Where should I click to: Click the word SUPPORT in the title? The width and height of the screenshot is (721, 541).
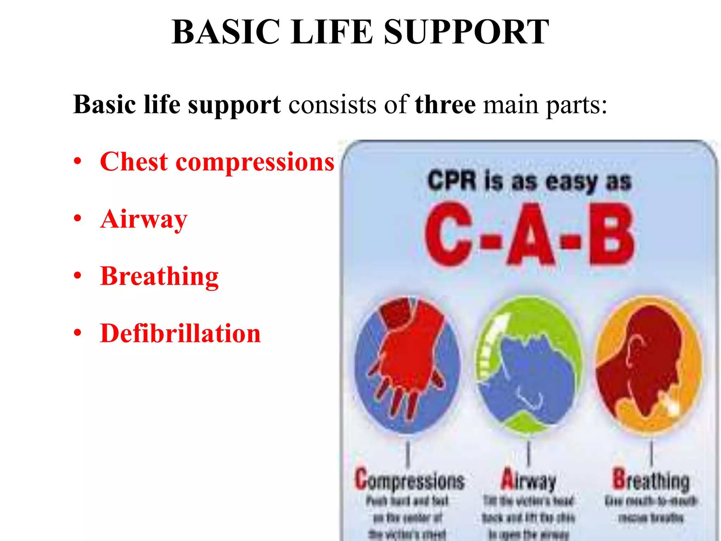[466, 32]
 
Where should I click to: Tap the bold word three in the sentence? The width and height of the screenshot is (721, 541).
[445, 105]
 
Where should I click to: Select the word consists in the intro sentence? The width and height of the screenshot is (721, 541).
[332, 105]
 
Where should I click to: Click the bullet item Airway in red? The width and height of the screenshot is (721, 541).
[144, 219]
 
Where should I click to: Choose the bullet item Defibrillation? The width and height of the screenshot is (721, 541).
[180, 333]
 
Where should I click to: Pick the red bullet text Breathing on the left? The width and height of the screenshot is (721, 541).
[159, 276]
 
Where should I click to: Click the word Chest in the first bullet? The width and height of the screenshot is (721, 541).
[134, 162]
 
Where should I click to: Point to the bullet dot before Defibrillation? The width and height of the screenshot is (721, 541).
[77, 332]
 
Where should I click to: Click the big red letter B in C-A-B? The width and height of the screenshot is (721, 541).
[612, 234]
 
